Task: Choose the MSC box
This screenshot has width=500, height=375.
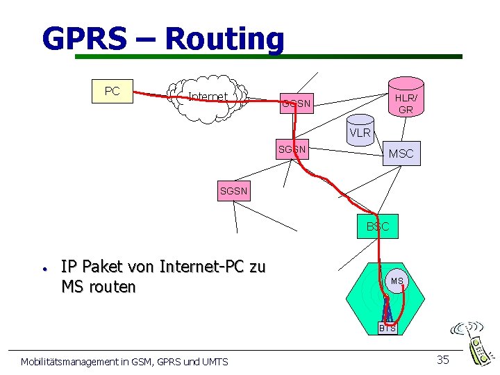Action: tap(401, 153)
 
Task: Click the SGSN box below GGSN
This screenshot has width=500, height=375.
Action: tap(292, 149)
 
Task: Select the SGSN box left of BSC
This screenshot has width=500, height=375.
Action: tap(233, 190)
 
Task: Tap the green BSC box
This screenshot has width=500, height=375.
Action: tap(378, 226)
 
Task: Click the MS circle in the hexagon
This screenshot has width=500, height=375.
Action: tap(397, 281)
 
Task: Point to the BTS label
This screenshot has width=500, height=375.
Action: tap(387, 328)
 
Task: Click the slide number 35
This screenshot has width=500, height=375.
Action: tap(442, 359)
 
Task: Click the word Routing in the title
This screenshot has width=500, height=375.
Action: tap(225, 39)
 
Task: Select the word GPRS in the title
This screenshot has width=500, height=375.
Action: tap(84, 39)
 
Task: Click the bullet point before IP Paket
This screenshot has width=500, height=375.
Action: tap(43, 268)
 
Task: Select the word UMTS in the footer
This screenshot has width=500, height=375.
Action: tap(211, 361)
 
